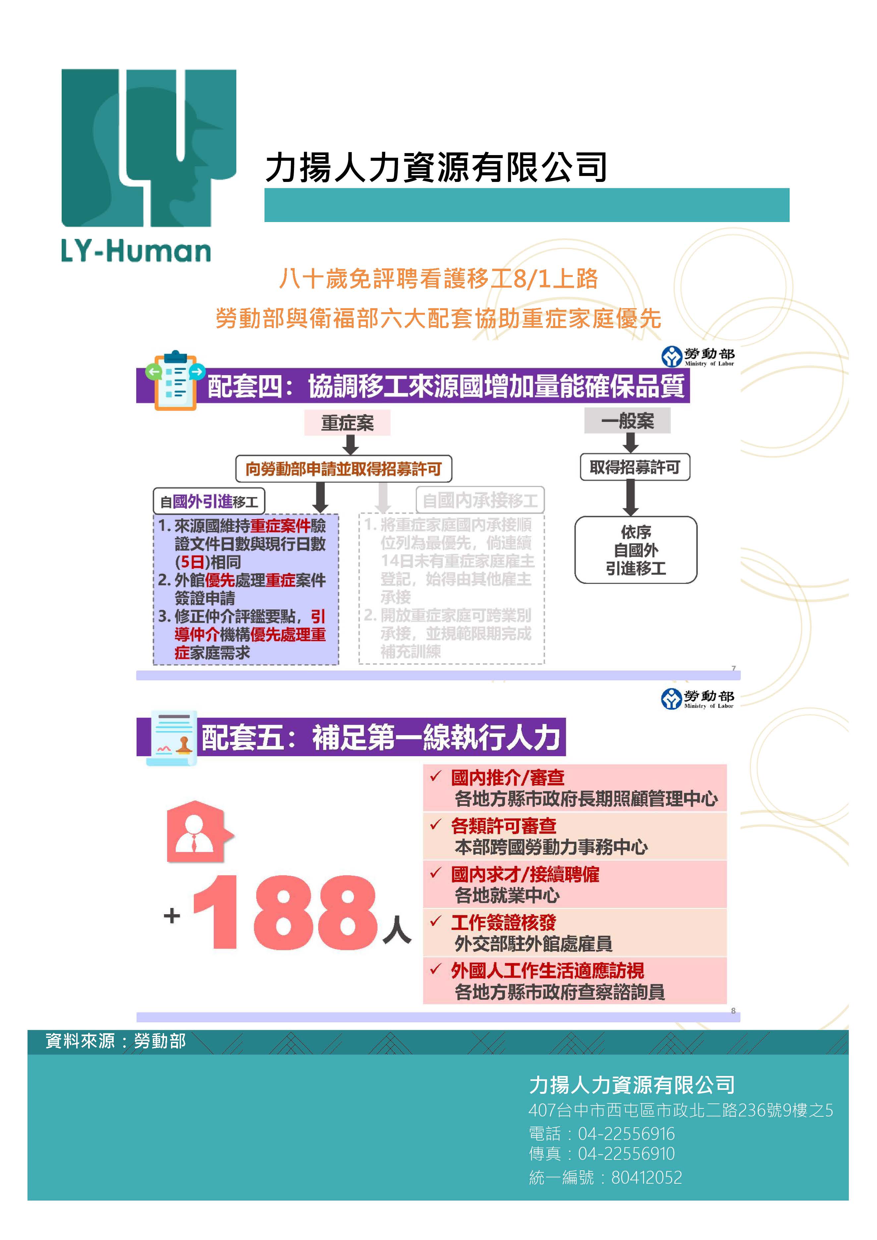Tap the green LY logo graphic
(148, 147)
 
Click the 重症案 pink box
(347, 422)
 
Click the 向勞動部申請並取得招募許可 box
(343, 468)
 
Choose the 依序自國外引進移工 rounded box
(636, 550)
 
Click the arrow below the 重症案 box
(350, 444)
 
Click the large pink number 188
(285, 913)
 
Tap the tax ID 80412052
(646, 1177)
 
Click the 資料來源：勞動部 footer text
(116, 1041)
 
